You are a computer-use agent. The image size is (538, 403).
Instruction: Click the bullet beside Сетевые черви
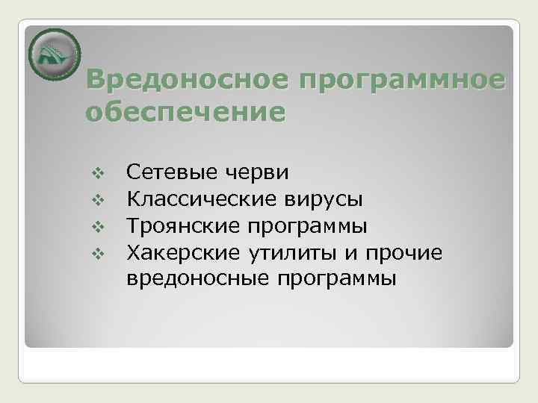95,174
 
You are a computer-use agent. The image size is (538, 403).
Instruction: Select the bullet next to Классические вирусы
95,200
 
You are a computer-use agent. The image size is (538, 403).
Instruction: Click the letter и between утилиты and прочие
350,254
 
